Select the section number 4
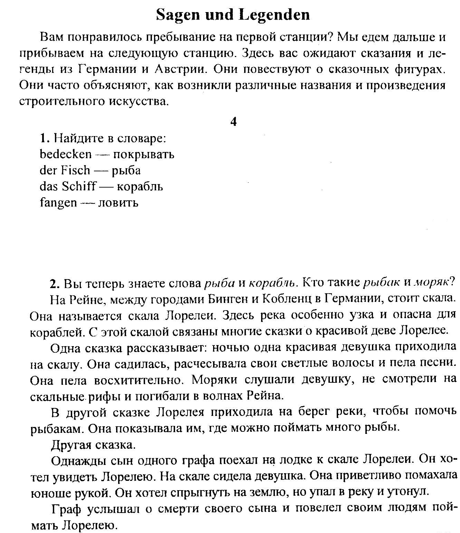[233, 122]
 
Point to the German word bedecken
[66, 154]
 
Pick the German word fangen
[58, 202]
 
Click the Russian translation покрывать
[144, 154]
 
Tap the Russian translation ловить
[118, 202]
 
